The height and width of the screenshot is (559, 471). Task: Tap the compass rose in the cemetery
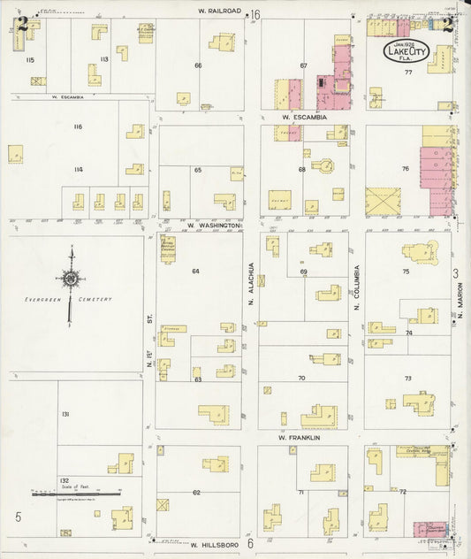(x=70, y=280)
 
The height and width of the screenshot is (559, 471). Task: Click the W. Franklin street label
(x=298, y=437)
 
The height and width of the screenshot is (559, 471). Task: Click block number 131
(x=65, y=414)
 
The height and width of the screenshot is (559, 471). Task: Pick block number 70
(x=301, y=378)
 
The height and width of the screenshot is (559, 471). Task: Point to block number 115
(x=30, y=59)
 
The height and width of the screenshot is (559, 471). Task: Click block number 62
(x=196, y=492)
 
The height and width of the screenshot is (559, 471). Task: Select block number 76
(x=405, y=168)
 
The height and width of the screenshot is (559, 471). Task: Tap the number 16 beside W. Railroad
(x=254, y=14)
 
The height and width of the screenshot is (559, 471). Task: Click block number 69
(x=302, y=272)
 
